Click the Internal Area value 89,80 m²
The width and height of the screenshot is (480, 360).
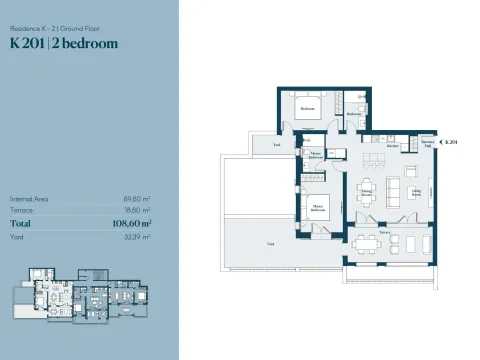[x=137, y=199]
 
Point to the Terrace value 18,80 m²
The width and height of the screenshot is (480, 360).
[x=138, y=211]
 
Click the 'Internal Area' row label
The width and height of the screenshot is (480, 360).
[x=29, y=199]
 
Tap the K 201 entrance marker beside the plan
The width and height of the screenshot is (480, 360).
[x=451, y=144]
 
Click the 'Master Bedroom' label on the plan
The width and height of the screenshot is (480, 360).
[x=318, y=210]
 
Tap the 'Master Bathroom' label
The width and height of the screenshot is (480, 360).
[x=316, y=156]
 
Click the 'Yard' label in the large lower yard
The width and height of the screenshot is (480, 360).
[x=269, y=243]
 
